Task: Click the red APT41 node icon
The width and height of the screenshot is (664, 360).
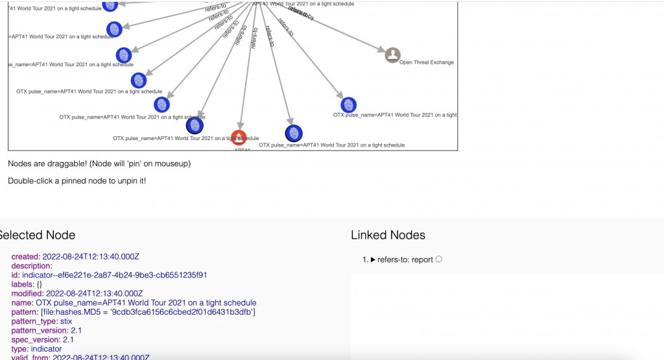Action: coord(239,138)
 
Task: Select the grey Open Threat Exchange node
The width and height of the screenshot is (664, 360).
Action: coord(392,55)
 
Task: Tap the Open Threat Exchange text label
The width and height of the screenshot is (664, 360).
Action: coord(426,63)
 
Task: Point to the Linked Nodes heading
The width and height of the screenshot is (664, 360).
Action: coord(388,235)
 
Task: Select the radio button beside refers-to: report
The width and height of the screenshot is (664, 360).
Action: coord(439,259)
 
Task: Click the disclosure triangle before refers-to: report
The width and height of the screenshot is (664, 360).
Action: coord(373,259)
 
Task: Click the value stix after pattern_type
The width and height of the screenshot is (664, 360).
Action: coord(66,321)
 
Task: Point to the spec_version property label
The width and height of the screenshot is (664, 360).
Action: coord(36,339)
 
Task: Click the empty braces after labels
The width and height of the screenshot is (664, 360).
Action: coord(40,284)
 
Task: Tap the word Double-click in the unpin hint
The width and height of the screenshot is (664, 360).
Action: coord(29,180)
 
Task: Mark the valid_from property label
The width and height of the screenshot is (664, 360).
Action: coord(30,357)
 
